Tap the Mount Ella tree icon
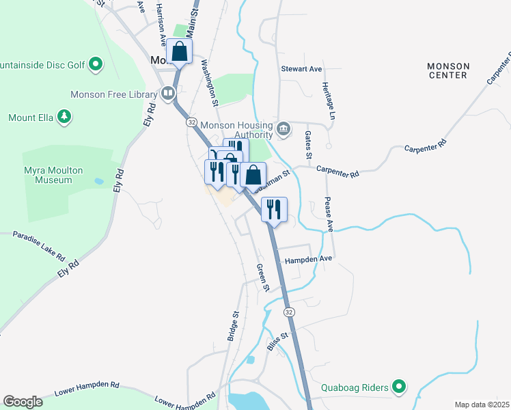(x=64, y=118)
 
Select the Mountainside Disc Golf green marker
(x=96, y=65)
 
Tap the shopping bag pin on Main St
(x=180, y=51)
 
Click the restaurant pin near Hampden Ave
(x=274, y=209)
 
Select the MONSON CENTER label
(x=448, y=70)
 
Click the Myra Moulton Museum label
(x=48, y=175)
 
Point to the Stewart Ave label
(x=301, y=69)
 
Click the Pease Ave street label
(x=329, y=214)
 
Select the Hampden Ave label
(x=308, y=260)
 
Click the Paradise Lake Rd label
(x=38, y=246)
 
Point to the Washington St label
(x=209, y=83)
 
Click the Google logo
(x=23, y=401)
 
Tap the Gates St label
(x=308, y=144)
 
